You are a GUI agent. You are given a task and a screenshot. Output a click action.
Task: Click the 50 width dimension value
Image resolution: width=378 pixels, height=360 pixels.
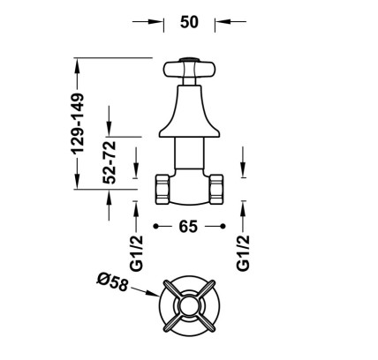click(x=189, y=22)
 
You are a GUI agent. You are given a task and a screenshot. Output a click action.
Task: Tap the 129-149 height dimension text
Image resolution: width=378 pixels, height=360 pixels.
click(x=78, y=124)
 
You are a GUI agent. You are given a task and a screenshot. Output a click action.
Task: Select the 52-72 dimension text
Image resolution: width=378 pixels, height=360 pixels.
click(x=110, y=162)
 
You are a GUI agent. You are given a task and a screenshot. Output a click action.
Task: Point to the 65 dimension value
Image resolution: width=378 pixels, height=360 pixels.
click(x=188, y=227)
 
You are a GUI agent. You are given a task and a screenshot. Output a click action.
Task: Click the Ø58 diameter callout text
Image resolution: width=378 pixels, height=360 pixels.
click(x=112, y=282)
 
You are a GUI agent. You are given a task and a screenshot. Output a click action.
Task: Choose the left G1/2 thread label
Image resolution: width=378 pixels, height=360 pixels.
click(x=136, y=253)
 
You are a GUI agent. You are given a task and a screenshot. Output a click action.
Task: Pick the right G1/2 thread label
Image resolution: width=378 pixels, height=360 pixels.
click(x=243, y=252)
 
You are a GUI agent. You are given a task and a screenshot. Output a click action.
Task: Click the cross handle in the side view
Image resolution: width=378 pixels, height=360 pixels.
click(x=189, y=70)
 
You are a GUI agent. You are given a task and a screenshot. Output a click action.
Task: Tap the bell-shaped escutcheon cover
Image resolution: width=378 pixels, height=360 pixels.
click(x=189, y=111)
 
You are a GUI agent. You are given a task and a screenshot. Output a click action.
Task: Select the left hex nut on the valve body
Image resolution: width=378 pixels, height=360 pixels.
click(x=163, y=190)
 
